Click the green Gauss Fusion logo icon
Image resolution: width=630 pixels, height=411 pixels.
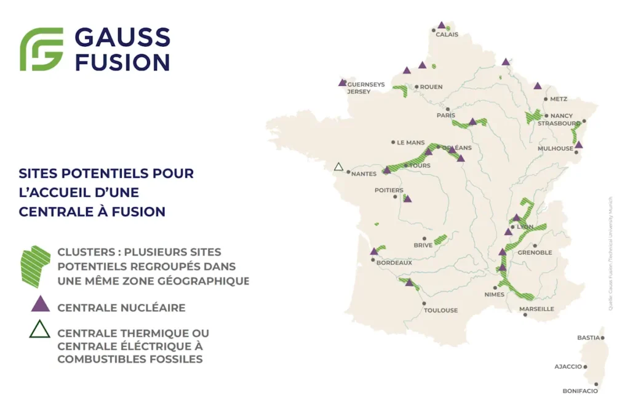42,49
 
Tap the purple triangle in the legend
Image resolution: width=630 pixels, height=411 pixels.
40,303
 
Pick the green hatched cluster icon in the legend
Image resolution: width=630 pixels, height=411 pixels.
35,266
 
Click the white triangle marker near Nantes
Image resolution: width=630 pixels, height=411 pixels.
338,167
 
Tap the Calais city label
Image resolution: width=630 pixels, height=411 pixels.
447,34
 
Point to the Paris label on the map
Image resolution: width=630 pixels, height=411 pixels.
445,115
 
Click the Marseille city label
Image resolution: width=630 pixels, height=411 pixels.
536,309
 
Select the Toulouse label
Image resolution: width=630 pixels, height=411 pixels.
441,310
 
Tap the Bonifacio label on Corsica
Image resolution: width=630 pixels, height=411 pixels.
580,391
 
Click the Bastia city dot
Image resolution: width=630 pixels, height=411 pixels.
602,338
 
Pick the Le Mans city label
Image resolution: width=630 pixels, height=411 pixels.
410,142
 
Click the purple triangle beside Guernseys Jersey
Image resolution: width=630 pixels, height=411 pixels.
343,82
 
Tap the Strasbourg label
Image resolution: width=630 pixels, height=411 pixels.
559,123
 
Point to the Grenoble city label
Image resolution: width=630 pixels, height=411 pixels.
535,252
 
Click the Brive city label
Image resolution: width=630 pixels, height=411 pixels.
423,245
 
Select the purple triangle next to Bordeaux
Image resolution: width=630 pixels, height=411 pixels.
373,251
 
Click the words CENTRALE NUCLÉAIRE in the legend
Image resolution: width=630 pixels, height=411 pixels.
121,307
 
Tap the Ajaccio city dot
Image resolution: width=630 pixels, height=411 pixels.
585,367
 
